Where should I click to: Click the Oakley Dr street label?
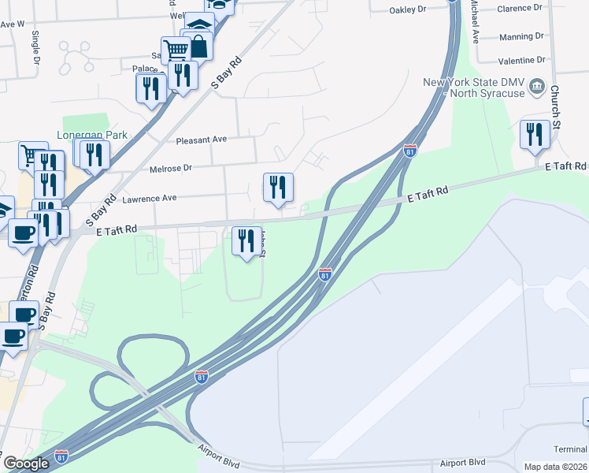pyautogui.click(x=407, y=10)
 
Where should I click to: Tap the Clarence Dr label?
pyautogui.click(x=520, y=8)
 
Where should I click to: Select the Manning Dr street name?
pyautogui.click(x=521, y=36)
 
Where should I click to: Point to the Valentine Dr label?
pyautogui.click(x=522, y=61)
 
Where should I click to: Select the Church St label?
pyautogui.click(x=555, y=109)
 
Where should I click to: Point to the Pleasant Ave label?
pyautogui.click(x=202, y=140)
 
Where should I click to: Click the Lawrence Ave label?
pyautogui.click(x=150, y=199)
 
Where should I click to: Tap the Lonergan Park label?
pyautogui.click(x=91, y=135)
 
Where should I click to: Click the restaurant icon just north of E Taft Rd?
pyautogui.click(x=278, y=186)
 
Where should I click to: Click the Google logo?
pyautogui.click(x=26, y=464)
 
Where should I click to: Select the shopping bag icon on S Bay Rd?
pyautogui.click(x=199, y=46)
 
